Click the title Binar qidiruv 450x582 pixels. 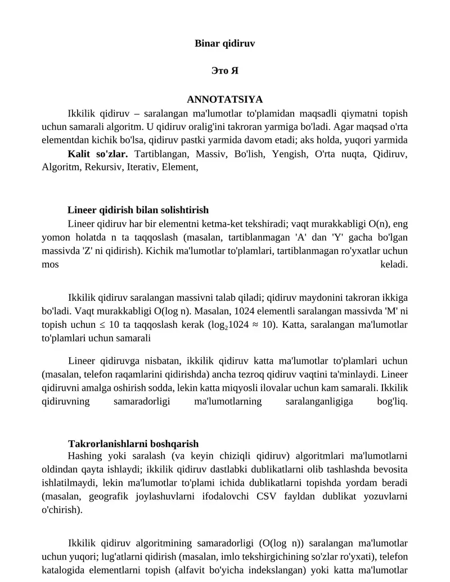pos(224,43)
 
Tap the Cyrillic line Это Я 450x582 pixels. pos(224,71)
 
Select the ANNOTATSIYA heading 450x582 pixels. pos(224,100)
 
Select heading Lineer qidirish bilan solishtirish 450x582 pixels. pos(138,210)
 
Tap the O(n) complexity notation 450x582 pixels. pos(380,223)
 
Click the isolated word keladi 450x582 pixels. pos(394,264)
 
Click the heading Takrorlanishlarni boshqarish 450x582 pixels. pos(133,444)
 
